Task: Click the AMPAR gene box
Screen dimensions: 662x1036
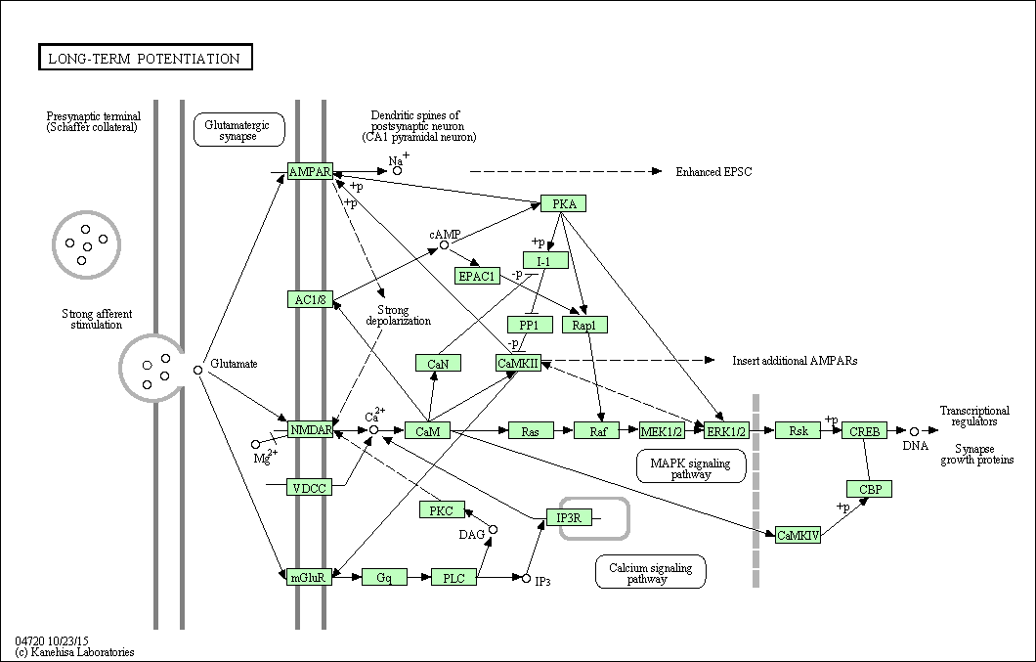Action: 310,172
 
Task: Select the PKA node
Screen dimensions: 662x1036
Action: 564,204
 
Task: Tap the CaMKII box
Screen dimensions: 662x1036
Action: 518,363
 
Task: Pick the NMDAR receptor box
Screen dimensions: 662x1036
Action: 311,429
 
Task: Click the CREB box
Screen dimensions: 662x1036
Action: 865,430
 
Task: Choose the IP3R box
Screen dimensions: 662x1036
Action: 569,517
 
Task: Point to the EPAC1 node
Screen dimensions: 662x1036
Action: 477,276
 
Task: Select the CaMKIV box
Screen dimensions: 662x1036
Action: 797,535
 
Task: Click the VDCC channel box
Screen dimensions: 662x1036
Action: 309,487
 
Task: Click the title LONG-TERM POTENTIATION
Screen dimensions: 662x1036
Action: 145,59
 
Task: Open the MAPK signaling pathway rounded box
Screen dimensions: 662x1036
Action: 690,466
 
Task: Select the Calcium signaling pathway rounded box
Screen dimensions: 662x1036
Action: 650,573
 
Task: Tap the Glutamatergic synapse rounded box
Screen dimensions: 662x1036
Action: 238,130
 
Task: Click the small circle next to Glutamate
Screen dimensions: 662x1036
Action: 197,370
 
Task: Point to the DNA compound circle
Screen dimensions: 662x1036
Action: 914,430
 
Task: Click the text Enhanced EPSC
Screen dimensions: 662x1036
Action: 713,172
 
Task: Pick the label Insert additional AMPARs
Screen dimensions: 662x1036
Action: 795,361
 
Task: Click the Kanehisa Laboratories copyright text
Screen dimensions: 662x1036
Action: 74,652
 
